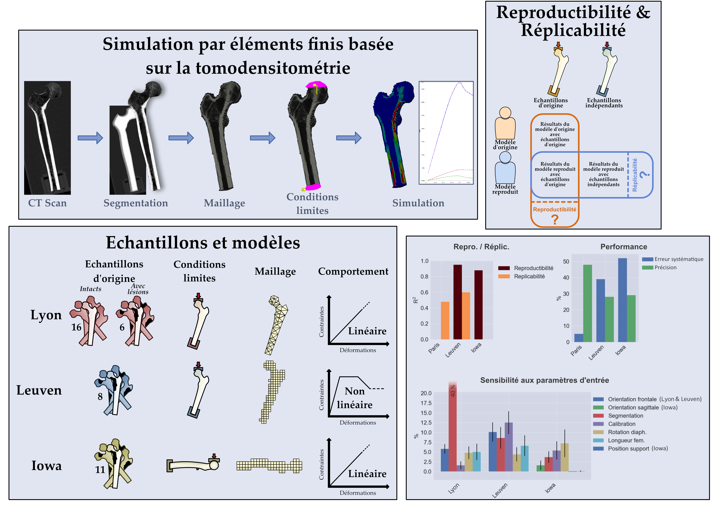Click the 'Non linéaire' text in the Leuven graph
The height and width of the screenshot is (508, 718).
pos(355,398)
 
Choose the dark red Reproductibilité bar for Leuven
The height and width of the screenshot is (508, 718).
pos(457,302)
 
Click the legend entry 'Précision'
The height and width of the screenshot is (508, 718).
pos(665,267)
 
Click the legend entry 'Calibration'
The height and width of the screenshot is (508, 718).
pos(621,424)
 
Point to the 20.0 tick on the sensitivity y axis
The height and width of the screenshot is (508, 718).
pos(426,393)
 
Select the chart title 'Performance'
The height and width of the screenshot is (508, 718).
pos(624,247)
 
